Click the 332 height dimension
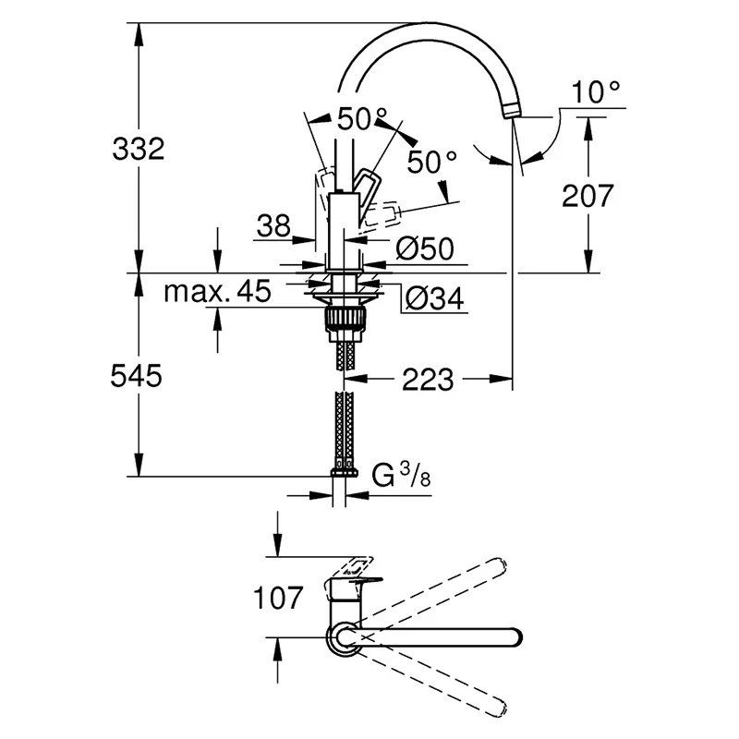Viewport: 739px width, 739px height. (138, 148)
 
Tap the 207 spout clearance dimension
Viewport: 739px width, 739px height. (588, 196)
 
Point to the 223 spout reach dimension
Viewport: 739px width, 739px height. (427, 378)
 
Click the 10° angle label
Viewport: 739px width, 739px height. (596, 92)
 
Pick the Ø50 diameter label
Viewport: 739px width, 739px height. (425, 248)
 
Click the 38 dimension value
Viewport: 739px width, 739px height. (273, 226)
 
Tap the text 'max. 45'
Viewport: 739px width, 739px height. (218, 293)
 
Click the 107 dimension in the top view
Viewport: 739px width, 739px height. (277, 598)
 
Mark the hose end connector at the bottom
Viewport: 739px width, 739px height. (344, 473)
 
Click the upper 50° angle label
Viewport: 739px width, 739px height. (362, 118)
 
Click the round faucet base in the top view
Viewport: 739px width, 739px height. (342, 637)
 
